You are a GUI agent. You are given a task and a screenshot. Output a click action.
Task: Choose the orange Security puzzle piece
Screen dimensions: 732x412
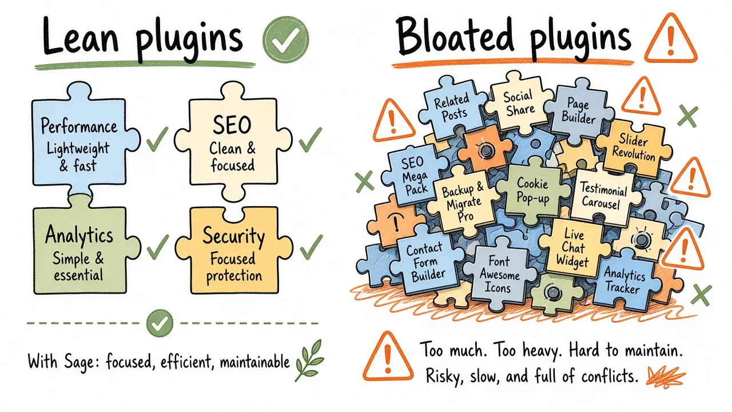233,250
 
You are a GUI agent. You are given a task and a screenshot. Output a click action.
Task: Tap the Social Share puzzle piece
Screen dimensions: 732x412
518,101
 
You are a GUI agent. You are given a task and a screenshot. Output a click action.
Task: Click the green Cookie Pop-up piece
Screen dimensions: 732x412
532,191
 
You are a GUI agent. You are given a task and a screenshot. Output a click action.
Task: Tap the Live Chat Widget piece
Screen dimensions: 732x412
574,248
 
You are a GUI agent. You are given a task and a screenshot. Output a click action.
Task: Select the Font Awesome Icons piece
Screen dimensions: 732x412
499,275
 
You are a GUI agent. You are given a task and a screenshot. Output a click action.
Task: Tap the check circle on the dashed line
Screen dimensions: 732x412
160,323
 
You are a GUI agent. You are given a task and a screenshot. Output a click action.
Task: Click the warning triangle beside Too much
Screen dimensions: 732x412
388,358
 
